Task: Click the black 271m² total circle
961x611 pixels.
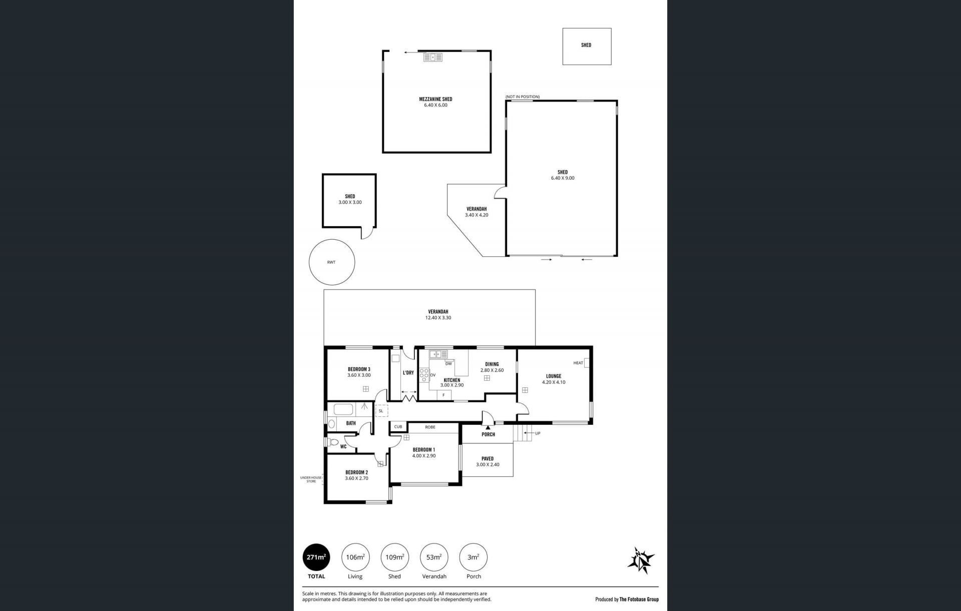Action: (316, 557)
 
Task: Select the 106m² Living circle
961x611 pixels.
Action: (355, 557)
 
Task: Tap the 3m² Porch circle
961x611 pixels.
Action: (473, 557)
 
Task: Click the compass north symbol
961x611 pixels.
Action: (641, 560)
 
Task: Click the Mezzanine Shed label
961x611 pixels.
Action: (435, 99)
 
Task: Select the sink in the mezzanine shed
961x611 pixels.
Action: (433, 57)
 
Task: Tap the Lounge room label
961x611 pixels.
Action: (554, 376)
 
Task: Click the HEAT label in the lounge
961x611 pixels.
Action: (578, 363)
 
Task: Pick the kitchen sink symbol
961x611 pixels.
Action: (437, 354)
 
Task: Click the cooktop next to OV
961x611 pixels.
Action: (424, 375)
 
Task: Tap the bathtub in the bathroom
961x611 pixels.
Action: (344, 410)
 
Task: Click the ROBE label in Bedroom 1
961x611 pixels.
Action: (430, 427)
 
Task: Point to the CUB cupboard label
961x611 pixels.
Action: (398, 427)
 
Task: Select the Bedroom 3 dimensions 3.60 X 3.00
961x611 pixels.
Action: (359, 375)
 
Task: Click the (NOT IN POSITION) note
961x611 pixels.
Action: (523, 97)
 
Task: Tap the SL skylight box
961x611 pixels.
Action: (381, 411)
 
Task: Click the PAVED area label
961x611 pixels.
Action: (488, 458)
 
